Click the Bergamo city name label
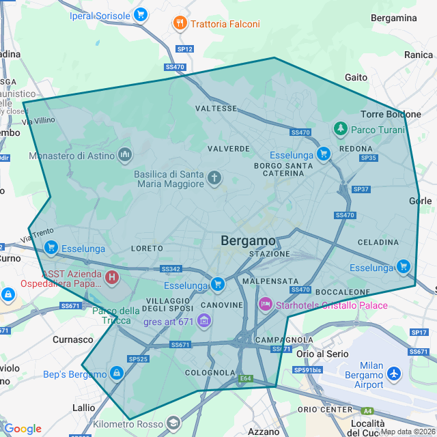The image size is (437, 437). (x=249, y=241)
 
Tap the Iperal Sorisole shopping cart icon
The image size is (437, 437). (x=141, y=14)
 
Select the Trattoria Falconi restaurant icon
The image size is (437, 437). (x=180, y=23)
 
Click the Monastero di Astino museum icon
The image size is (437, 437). (x=124, y=156)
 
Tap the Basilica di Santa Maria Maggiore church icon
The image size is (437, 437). (x=214, y=179)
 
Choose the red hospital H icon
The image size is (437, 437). (x=111, y=278)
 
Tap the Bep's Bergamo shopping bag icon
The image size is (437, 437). (x=117, y=373)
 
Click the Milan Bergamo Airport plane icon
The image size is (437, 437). (x=394, y=373)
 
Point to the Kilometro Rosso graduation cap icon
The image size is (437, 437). (x=173, y=424)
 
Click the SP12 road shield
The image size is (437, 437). (x=185, y=49)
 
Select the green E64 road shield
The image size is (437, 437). (x=246, y=378)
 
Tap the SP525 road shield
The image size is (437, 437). (x=138, y=358)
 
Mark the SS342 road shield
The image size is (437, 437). (x=171, y=270)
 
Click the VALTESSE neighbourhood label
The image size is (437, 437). (x=216, y=109)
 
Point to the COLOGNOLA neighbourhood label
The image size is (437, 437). (x=210, y=373)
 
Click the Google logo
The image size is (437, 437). (x=23, y=429)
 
